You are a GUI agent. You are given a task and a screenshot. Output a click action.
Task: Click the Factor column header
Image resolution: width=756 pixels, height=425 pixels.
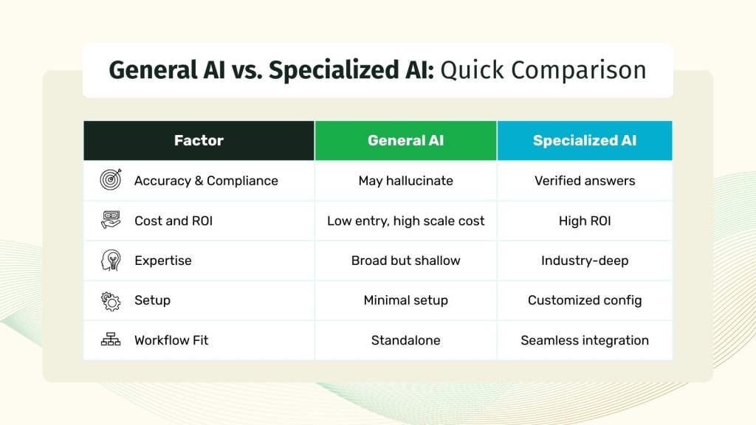click(199, 140)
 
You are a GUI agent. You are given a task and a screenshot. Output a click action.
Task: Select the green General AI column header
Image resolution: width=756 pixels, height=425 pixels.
click(405, 140)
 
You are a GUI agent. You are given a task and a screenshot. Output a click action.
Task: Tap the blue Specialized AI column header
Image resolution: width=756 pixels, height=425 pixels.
click(585, 140)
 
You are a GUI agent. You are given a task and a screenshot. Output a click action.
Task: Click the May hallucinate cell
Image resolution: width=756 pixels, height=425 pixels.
click(405, 181)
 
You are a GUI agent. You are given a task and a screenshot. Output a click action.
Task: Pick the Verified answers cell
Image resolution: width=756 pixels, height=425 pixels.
click(585, 181)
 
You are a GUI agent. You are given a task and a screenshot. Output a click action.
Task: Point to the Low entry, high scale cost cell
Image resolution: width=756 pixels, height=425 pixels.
click(405, 221)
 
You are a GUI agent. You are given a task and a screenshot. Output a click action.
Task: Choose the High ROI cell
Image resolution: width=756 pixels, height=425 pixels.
click(585, 221)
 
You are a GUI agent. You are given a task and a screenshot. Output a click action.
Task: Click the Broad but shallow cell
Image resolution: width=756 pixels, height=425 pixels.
click(405, 260)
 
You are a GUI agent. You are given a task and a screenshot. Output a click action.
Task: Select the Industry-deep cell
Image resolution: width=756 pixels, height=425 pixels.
click(585, 260)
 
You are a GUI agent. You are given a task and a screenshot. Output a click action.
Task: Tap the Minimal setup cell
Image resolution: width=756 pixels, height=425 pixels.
click(405, 300)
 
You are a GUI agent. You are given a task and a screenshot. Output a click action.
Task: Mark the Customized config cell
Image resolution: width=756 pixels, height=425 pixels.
click(585, 300)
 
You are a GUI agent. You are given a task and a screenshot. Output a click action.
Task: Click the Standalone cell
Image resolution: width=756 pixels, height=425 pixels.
click(405, 340)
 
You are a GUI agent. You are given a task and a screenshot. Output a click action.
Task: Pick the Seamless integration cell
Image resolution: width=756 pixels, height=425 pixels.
click(585, 340)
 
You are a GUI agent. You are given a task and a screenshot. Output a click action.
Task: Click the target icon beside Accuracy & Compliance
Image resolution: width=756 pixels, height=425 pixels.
click(111, 180)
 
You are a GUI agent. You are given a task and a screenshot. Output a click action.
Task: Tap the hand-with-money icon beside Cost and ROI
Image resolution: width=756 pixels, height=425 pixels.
click(111, 220)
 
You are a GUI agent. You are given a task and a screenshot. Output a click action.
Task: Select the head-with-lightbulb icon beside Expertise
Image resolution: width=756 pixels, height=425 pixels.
click(111, 260)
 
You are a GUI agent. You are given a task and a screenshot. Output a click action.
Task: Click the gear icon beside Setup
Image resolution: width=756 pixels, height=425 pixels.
click(111, 300)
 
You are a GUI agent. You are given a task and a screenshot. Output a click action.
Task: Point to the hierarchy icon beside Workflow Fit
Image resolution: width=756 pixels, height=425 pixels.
click(111, 340)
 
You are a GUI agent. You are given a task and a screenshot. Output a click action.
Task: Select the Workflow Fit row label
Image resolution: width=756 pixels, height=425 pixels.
click(171, 340)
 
